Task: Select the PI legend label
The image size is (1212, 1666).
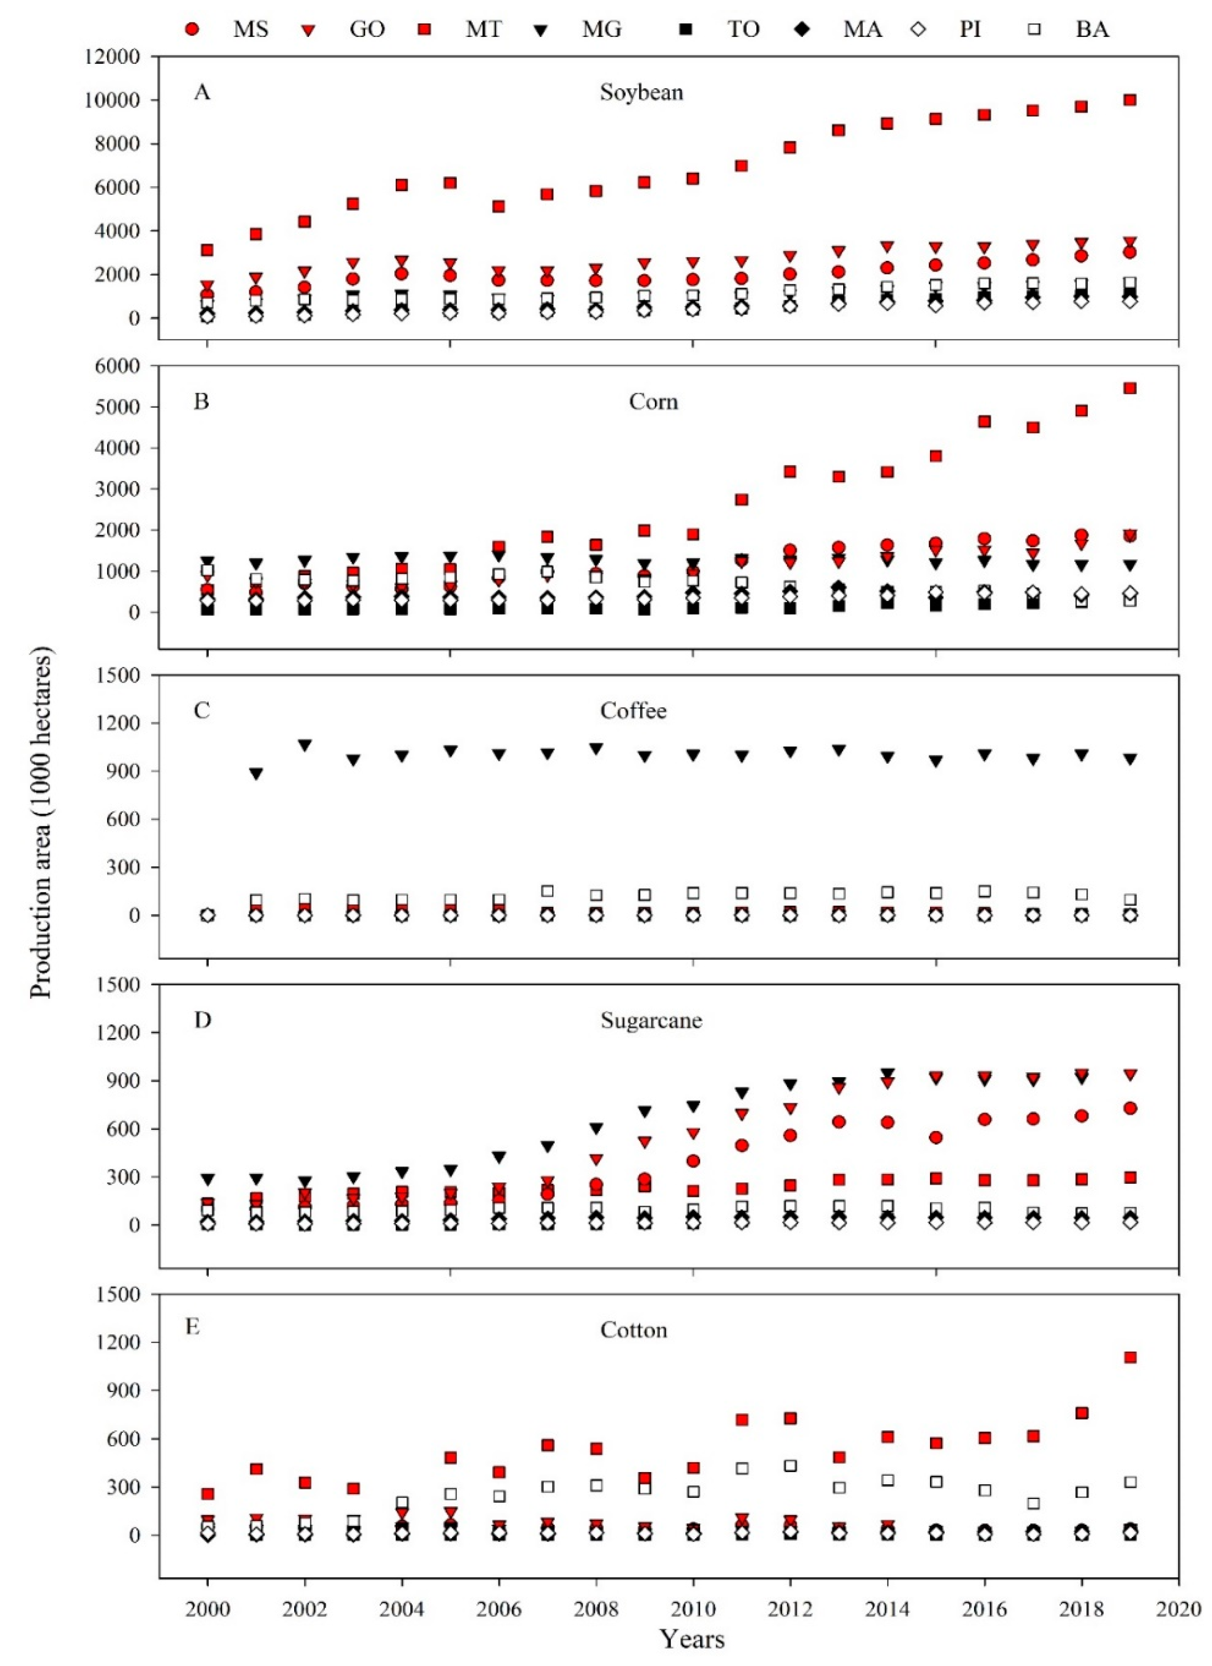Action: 970,29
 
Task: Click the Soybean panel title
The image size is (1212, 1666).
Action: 641,93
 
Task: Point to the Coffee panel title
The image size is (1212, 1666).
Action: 633,711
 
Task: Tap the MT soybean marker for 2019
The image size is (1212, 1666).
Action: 1131,100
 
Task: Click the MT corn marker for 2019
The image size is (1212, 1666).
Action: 1131,388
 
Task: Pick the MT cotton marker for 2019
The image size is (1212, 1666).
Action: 1131,1357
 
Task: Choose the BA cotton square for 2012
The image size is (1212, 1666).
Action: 790,1466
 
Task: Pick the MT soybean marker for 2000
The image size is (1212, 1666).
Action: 207,251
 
